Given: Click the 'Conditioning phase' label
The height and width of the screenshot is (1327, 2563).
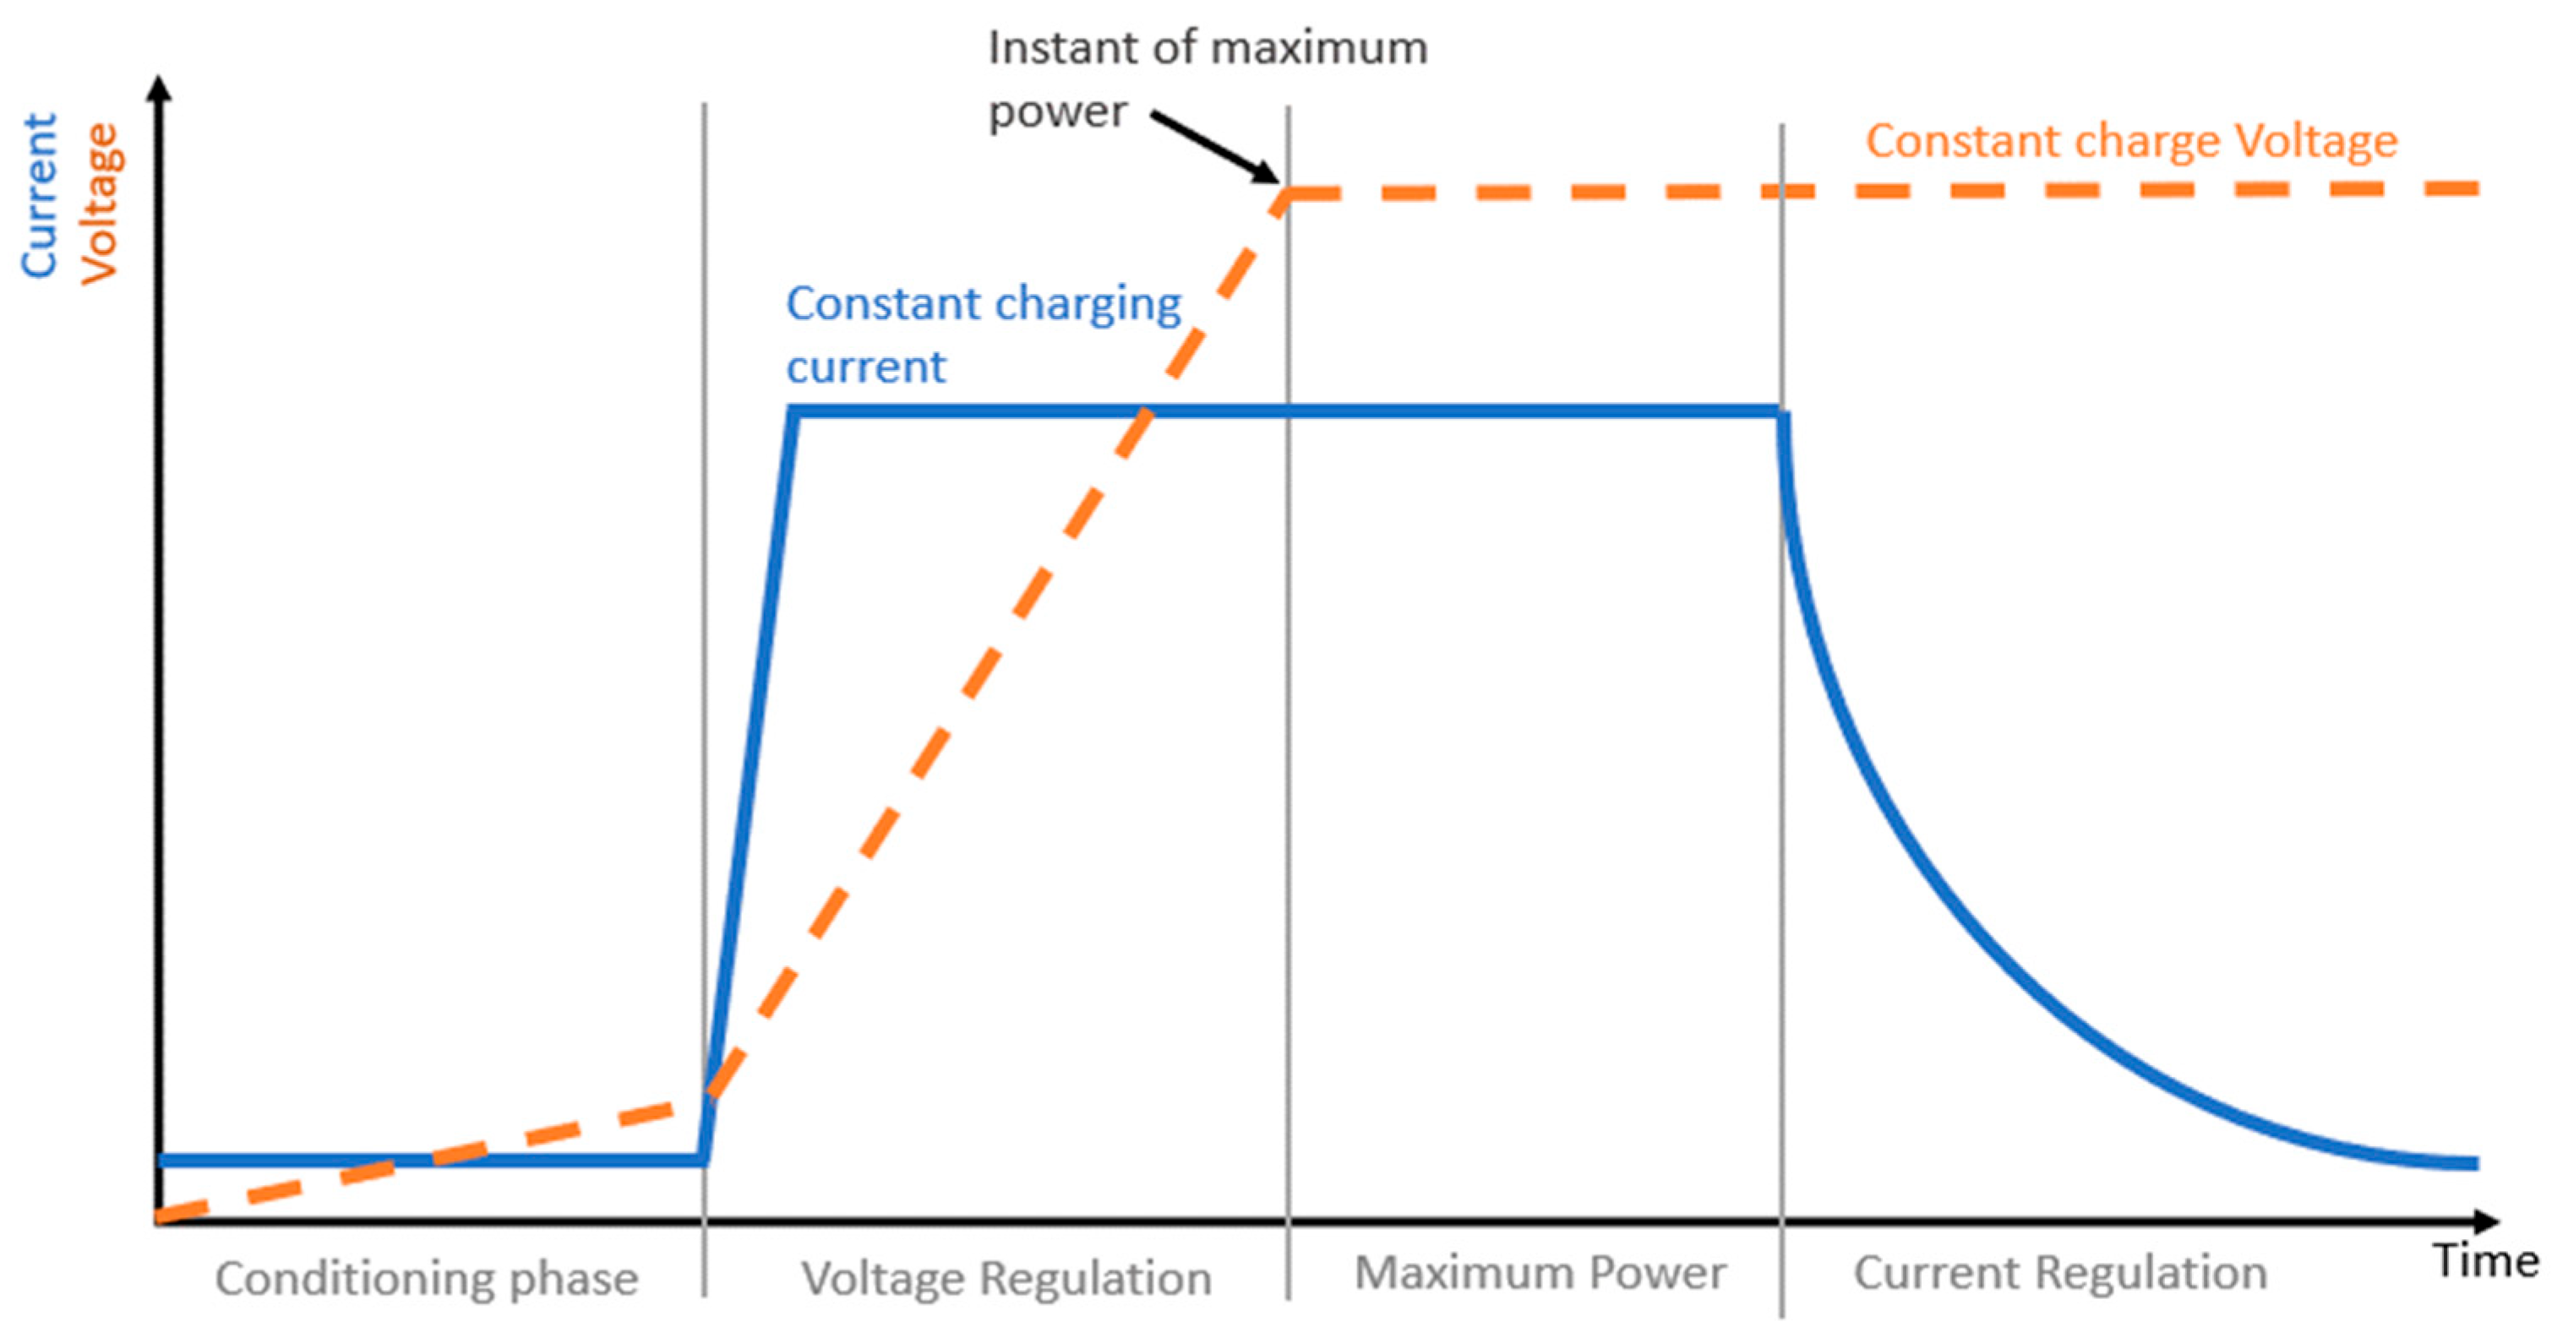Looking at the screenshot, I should coord(426,1278).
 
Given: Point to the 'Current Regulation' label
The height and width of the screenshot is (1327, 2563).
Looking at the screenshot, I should coord(2059,1273).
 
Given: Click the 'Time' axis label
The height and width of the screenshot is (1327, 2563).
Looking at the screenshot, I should coord(2485,1261).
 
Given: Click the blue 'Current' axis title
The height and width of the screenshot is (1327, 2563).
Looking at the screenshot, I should coord(40,195).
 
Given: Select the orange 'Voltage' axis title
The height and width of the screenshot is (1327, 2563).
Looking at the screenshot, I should coord(101,204).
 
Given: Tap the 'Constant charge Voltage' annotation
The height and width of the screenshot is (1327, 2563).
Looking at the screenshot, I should coord(2130,140).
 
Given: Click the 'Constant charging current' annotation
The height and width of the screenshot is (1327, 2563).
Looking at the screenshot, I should coord(983,334).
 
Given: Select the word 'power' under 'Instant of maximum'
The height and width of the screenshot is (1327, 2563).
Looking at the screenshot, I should coord(1056,111).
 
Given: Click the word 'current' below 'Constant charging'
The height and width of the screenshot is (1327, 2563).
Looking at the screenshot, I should coord(865,367).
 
